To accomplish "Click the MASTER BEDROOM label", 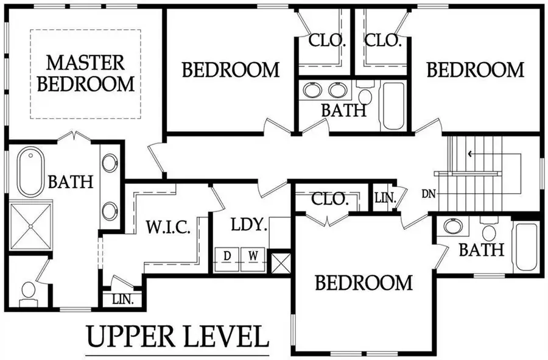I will [x=85, y=72].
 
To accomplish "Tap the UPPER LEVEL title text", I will [x=177, y=336].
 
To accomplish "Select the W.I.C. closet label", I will [x=168, y=228].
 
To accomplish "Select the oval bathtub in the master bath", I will [x=30, y=172].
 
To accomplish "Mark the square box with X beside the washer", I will [x=279, y=263].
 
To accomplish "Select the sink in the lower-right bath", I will [x=452, y=227].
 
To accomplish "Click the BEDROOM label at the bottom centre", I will [x=364, y=283].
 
